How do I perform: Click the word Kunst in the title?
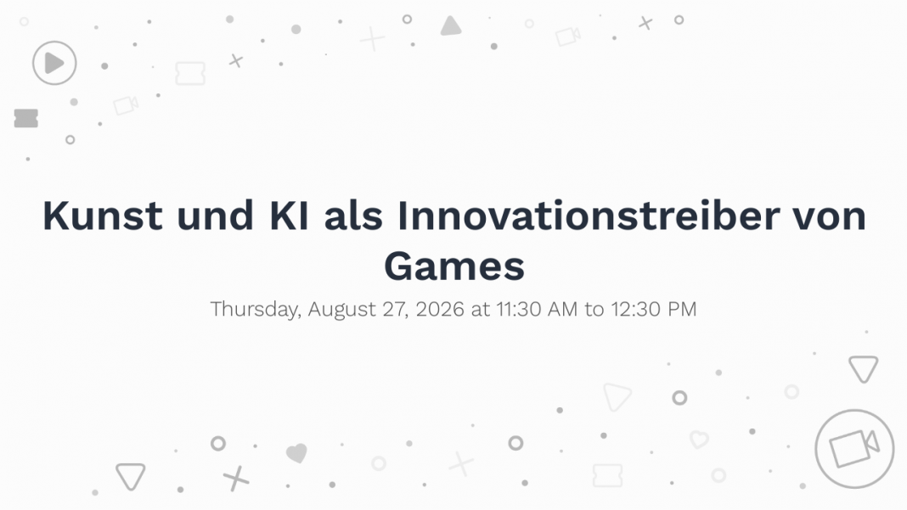pos(103,216)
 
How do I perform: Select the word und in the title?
pos(215,216)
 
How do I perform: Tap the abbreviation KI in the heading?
pos(289,216)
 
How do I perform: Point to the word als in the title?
pos(352,216)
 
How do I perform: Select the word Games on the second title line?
pos(454,266)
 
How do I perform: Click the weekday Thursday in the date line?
pos(256,310)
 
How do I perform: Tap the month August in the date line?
pos(342,310)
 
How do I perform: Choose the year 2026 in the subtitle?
pos(440,310)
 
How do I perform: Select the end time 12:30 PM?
pos(654,310)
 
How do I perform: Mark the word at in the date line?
pos(480,310)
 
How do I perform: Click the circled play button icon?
pos(54,63)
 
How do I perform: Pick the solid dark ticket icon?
pos(26,118)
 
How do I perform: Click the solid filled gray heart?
pos(296,453)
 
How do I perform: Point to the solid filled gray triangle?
pos(451,26)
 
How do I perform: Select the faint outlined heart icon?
pos(699,440)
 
